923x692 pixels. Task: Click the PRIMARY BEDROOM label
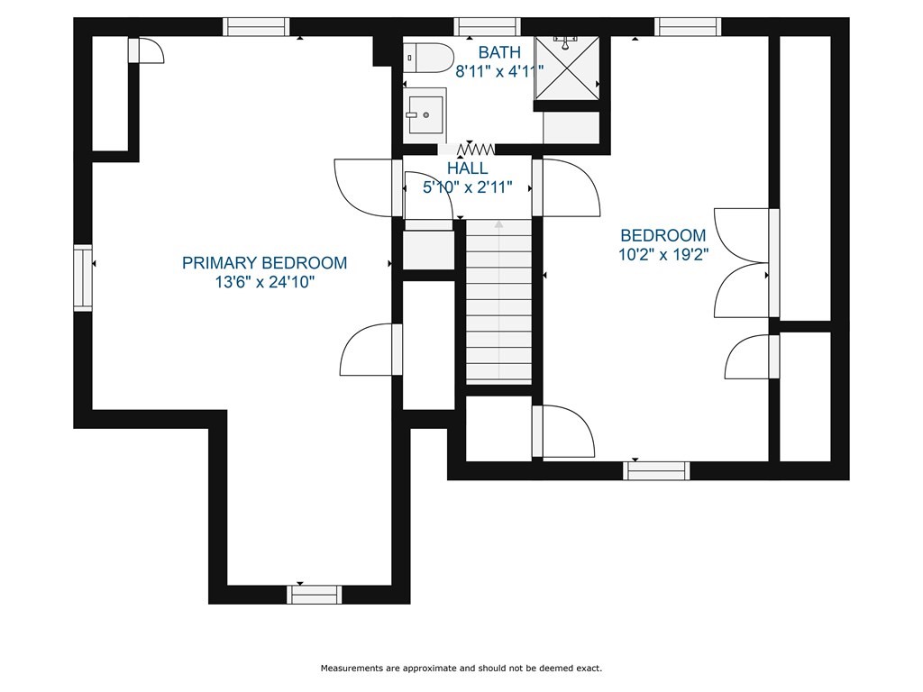pyautogui.click(x=264, y=262)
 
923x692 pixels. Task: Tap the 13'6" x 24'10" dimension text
pyautogui.click(x=265, y=282)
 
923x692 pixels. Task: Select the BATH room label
pyautogui.click(x=499, y=52)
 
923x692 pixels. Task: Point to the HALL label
pyautogui.click(x=468, y=168)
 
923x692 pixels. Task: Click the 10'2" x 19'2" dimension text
pyautogui.click(x=663, y=255)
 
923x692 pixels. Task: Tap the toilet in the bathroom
pyautogui.click(x=428, y=58)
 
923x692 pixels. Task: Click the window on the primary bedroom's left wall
pyautogui.click(x=83, y=278)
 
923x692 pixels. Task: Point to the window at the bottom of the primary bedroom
pyautogui.click(x=315, y=595)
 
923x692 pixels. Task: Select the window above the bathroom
pyautogui.click(x=488, y=27)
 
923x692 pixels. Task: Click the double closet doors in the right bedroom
pyautogui.click(x=742, y=263)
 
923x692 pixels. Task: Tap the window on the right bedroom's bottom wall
pyautogui.click(x=656, y=470)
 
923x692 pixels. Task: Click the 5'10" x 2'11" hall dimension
pyautogui.click(x=468, y=188)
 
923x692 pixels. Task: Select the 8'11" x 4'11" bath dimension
pyautogui.click(x=499, y=72)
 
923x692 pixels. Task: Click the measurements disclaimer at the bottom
pyautogui.click(x=461, y=669)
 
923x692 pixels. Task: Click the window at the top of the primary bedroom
pyautogui.click(x=256, y=27)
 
